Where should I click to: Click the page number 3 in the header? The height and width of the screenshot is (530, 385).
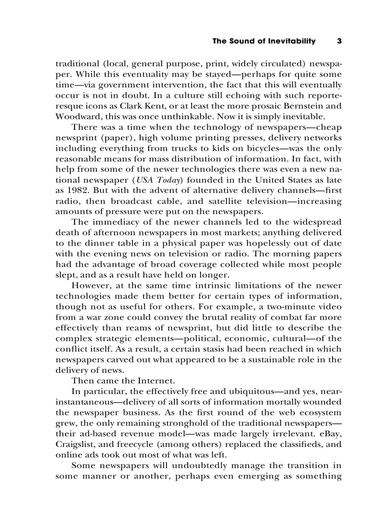coord(339,41)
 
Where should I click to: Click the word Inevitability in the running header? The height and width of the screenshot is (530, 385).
coord(292,41)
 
